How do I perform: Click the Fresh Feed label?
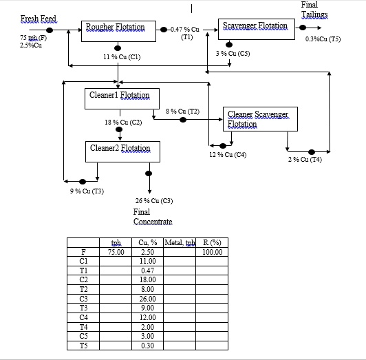tap(39, 18)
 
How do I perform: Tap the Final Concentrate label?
tap(152, 217)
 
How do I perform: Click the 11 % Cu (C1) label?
tap(122, 57)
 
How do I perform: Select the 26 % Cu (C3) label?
tap(153, 200)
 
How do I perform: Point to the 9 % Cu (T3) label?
tap(87, 191)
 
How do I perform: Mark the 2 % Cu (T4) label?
tap(304, 160)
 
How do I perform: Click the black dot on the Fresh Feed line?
tap(50, 30)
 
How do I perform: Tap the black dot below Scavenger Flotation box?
tap(229, 45)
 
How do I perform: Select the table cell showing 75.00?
tap(116, 252)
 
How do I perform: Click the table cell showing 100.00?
tap(213, 252)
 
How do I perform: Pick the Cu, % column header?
tap(148, 243)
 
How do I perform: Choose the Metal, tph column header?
tap(180, 243)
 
